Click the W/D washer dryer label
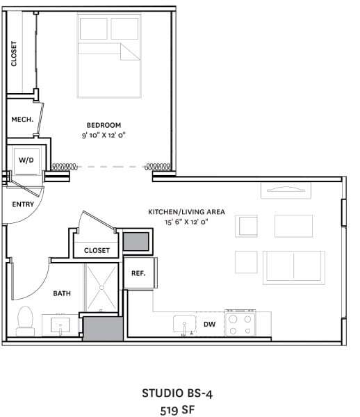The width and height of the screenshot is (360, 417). click(x=26, y=160)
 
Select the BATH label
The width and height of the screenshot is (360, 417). click(x=62, y=293)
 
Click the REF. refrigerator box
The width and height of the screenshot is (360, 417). click(x=138, y=273)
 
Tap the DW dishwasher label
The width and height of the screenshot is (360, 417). click(x=209, y=324)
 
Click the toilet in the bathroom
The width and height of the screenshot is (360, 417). click(x=25, y=319)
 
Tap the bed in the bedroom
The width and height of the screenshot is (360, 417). click(x=108, y=57)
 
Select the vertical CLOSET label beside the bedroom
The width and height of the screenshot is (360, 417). click(x=14, y=54)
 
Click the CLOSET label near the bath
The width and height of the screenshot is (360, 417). click(x=97, y=250)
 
